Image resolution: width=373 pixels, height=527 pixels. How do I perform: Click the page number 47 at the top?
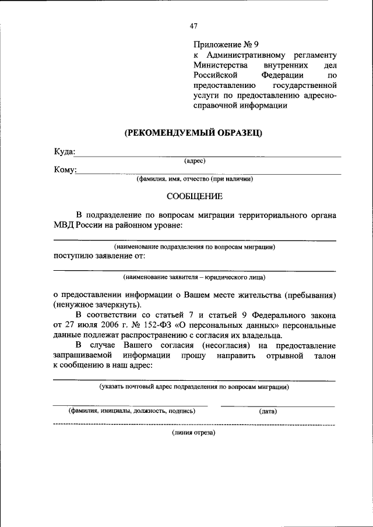[194, 25]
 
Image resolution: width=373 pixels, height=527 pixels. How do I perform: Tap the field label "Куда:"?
[65, 151]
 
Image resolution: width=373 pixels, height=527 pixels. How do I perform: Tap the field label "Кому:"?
[65, 169]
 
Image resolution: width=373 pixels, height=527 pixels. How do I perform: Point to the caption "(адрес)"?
[194, 160]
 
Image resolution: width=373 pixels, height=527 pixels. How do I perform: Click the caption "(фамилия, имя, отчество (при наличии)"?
[195, 179]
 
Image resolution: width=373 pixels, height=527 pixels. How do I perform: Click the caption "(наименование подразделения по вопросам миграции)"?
[195, 246]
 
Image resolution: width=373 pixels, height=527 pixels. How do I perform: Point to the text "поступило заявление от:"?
[99, 255]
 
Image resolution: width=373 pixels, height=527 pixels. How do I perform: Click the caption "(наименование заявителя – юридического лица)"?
[195, 277]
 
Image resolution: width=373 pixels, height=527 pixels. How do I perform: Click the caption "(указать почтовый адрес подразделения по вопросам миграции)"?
[194, 386]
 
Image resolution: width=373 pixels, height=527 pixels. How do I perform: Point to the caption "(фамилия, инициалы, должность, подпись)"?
[132, 411]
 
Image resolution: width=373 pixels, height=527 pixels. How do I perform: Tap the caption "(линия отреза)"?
[193, 433]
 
